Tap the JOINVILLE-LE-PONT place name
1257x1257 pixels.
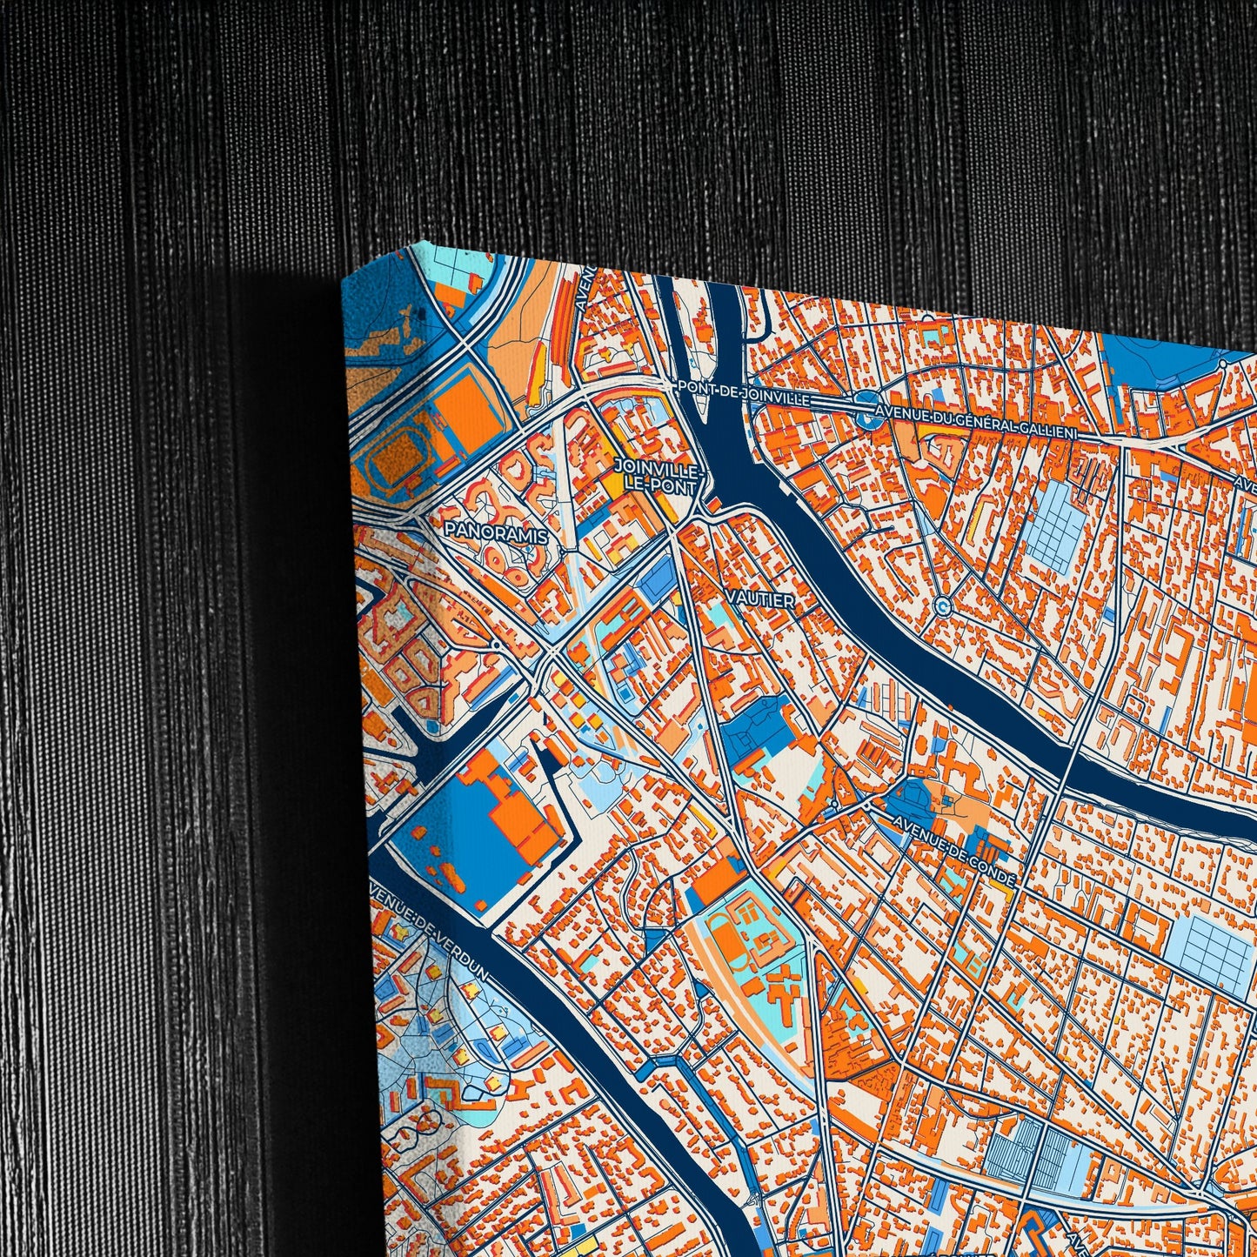(x=655, y=477)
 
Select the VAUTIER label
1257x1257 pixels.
(x=764, y=600)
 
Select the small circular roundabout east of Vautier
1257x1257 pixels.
(x=941, y=605)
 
